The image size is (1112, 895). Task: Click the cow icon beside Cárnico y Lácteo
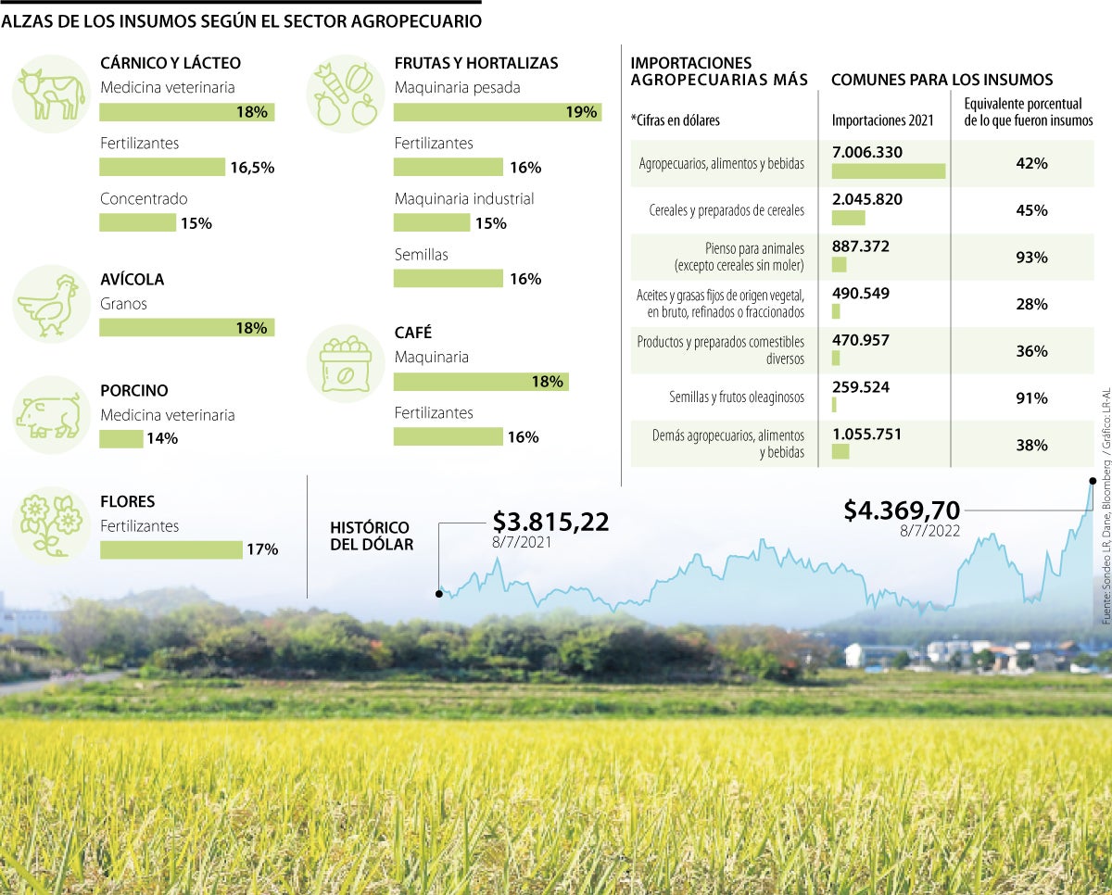(x=50, y=94)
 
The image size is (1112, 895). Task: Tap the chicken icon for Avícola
(x=50, y=303)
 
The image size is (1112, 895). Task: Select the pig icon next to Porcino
(x=50, y=414)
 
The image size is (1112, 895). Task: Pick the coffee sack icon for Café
(x=345, y=363)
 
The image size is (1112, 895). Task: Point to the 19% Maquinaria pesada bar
(x=496, y=112)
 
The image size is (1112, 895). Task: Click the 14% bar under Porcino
(x=120, y=438)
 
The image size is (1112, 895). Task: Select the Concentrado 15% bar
(x=137, y=222)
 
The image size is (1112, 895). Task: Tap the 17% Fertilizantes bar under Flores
(x=171, y=549)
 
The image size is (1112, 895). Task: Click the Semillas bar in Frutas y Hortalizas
(x=449, y=278)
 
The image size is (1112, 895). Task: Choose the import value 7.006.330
(x=867, y=152)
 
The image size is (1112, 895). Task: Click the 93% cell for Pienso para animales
(x=1030, y=258)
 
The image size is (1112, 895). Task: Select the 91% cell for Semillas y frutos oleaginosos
(x=1030, y=398)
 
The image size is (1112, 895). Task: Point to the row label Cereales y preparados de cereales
(x=727, y=210)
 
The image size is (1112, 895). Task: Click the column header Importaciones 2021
(x=883, y=120)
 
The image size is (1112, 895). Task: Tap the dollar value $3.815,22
(x=550, y=522)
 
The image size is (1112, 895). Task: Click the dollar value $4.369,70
(x=901, y=510)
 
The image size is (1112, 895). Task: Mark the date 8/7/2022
(x=929, y=531)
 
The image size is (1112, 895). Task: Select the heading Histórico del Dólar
(x=372, y=536)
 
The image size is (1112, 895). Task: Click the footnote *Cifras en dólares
(x=675, y=120)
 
